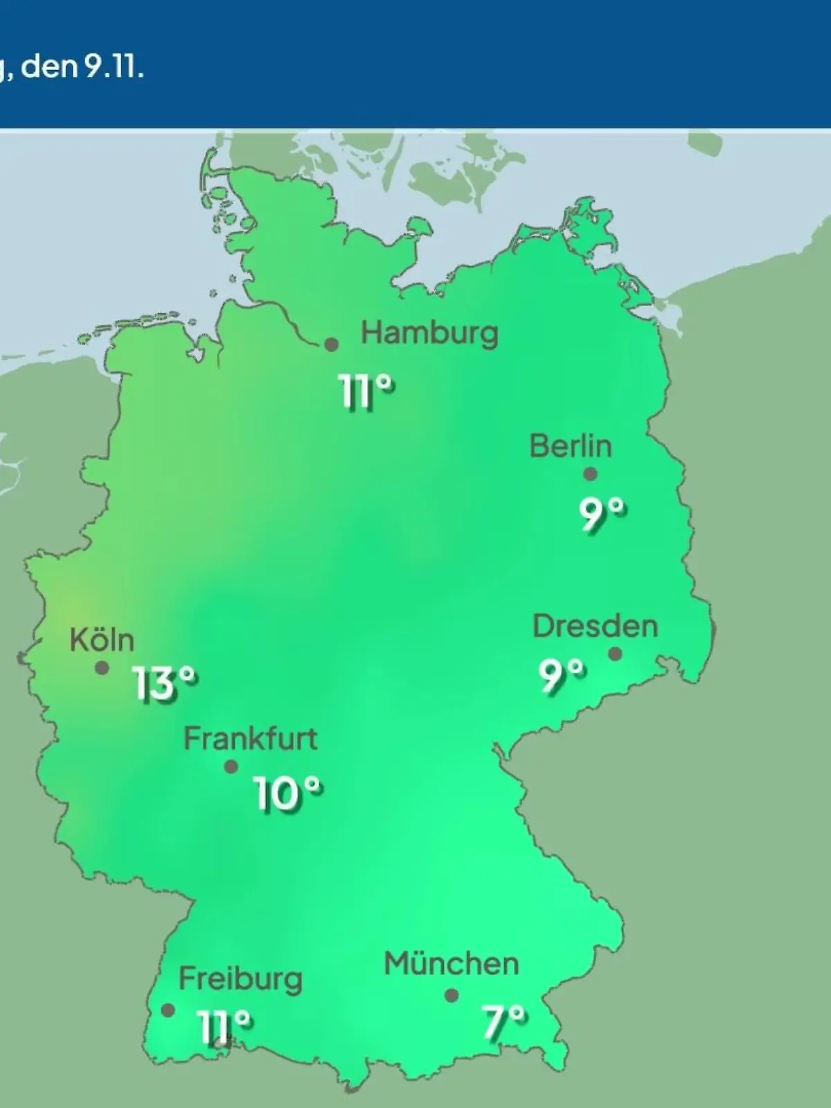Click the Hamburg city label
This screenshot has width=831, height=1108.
pyautogui.click(x=429, y=334)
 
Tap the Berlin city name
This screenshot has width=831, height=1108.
pyautogui.click(x=571, y=446)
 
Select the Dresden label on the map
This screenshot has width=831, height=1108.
pyautogui.click(x=595, y=627)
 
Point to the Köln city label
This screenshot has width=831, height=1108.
pyautogui.click(x=102, y=641)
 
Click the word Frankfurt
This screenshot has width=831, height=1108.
pyautogui.click(x=250, y=739)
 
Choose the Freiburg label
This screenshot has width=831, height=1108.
pyautogui.click(x=240, y=979)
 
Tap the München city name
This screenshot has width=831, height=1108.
pyautogui.click(x=452, y=964)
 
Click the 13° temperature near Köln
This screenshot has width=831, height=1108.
pyautogui.click(x=165, y=684)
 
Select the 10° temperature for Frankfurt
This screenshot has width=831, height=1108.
pyautogui.click(x=287, y=793)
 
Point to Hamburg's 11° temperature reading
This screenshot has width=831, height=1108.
pyautogui.click(x=367, y=392)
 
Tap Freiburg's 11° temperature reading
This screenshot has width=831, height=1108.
pyautogui.click(x=224, y=1026)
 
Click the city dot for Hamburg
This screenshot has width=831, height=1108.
pyautogui.click(x=332, y=344)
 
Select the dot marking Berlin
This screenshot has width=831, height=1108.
pyautogui.click(x=590, y=474)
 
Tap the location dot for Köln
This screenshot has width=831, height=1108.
pyautogui.click(x=102, y=668)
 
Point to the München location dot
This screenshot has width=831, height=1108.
pyautogui.click(x=452, y=995)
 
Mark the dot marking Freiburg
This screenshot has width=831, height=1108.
pyautogui.click(x=168, y=1010)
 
